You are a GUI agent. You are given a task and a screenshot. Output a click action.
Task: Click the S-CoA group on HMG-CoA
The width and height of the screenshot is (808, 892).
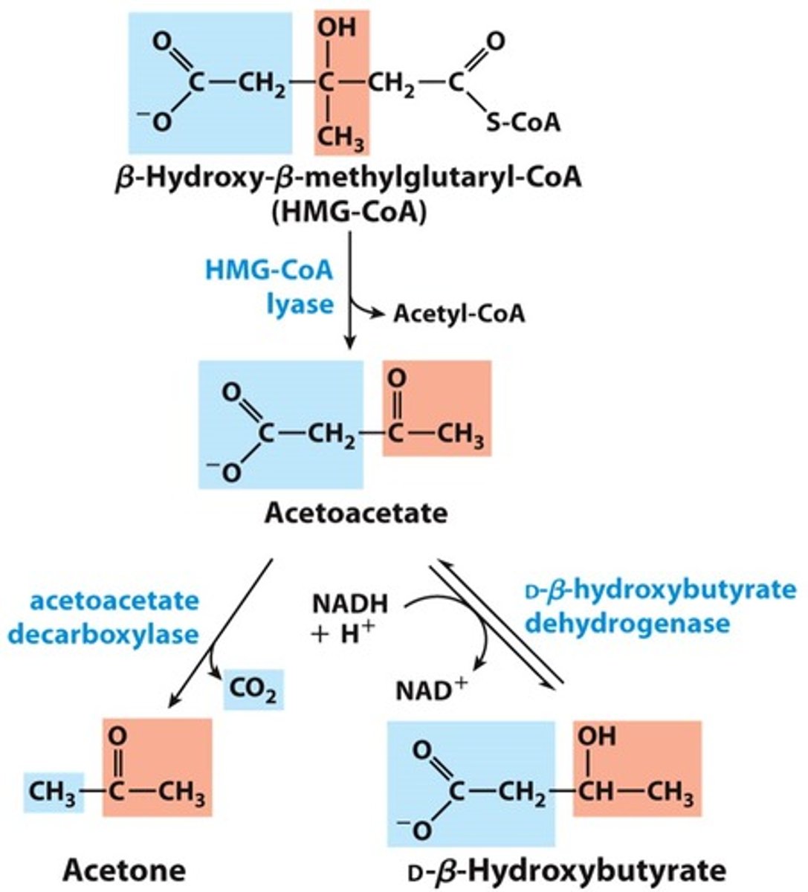pos(521,122)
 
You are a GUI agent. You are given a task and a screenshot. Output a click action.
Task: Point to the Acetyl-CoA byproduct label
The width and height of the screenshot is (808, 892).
pos(459,314)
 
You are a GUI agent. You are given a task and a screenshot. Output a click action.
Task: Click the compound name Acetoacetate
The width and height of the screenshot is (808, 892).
pos(356,513)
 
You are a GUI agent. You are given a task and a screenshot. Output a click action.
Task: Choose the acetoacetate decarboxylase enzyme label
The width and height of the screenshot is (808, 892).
pos(115,616)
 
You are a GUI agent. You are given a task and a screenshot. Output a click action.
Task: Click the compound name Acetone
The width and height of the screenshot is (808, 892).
pos(124,869)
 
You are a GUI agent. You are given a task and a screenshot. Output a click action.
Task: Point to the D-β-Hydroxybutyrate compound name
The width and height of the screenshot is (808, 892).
pos(566,869)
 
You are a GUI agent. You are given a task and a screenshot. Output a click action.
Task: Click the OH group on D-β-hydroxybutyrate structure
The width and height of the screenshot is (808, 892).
pos(597,737)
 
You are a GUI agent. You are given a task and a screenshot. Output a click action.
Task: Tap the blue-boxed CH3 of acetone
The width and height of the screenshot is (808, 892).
pos(52,793)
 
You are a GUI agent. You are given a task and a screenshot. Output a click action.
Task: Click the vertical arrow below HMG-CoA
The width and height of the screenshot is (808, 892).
pos(349,290)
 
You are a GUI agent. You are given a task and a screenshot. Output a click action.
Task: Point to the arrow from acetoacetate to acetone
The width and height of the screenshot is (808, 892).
pos(219,632)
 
